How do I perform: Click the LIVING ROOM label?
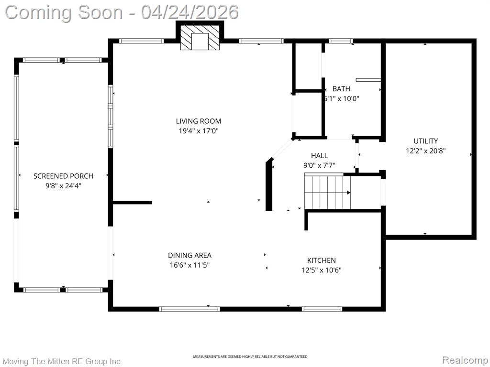pos(198,121)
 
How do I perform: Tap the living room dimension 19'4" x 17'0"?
pos(198,130)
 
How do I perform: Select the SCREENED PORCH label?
pos(63,176)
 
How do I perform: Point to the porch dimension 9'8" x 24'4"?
pos(63,186)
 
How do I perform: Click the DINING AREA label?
pos(189,256)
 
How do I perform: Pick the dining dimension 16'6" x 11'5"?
pos(189,265)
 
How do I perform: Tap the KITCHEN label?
pos(321,260)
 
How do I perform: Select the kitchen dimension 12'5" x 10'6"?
pos(321,270)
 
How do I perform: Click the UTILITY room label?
pos(425,141)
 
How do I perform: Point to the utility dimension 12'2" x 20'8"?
pos(425,151)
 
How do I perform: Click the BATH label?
pos(341,89)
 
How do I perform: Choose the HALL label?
pos(319,156)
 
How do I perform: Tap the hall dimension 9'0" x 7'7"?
pos(319,165)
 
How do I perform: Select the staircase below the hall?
pos(327,192)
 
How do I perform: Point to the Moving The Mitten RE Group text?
pos(62,361)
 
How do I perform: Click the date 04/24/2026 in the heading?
pos(190,11)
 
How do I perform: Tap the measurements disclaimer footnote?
pos(250,357)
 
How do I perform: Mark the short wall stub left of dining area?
pos(133,203)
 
